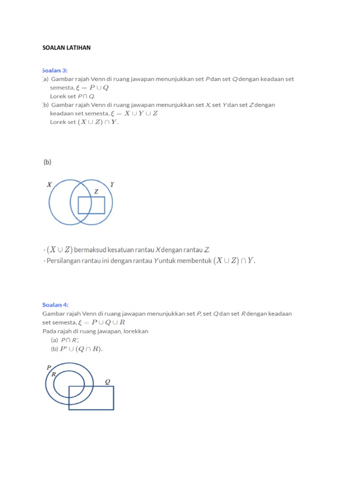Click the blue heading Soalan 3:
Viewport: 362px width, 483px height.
tap(55, 70)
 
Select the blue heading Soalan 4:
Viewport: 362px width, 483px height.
tap(55, 305)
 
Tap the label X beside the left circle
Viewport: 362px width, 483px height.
tap(49, 185)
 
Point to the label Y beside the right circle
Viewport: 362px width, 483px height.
tap(112, 184)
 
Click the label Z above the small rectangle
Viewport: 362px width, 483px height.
tap(96, 192)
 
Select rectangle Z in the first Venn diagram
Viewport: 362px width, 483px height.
tap(91, 205)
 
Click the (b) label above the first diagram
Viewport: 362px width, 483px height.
tap(47, 162)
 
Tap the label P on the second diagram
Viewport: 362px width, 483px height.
tap(49, 367)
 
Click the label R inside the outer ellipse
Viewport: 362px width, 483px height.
tap(54, 374)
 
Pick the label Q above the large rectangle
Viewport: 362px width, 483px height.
tap(107, 382)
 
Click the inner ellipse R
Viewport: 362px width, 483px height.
tap(68, 384)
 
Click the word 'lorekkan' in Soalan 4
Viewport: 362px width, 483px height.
tap(136, 331)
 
